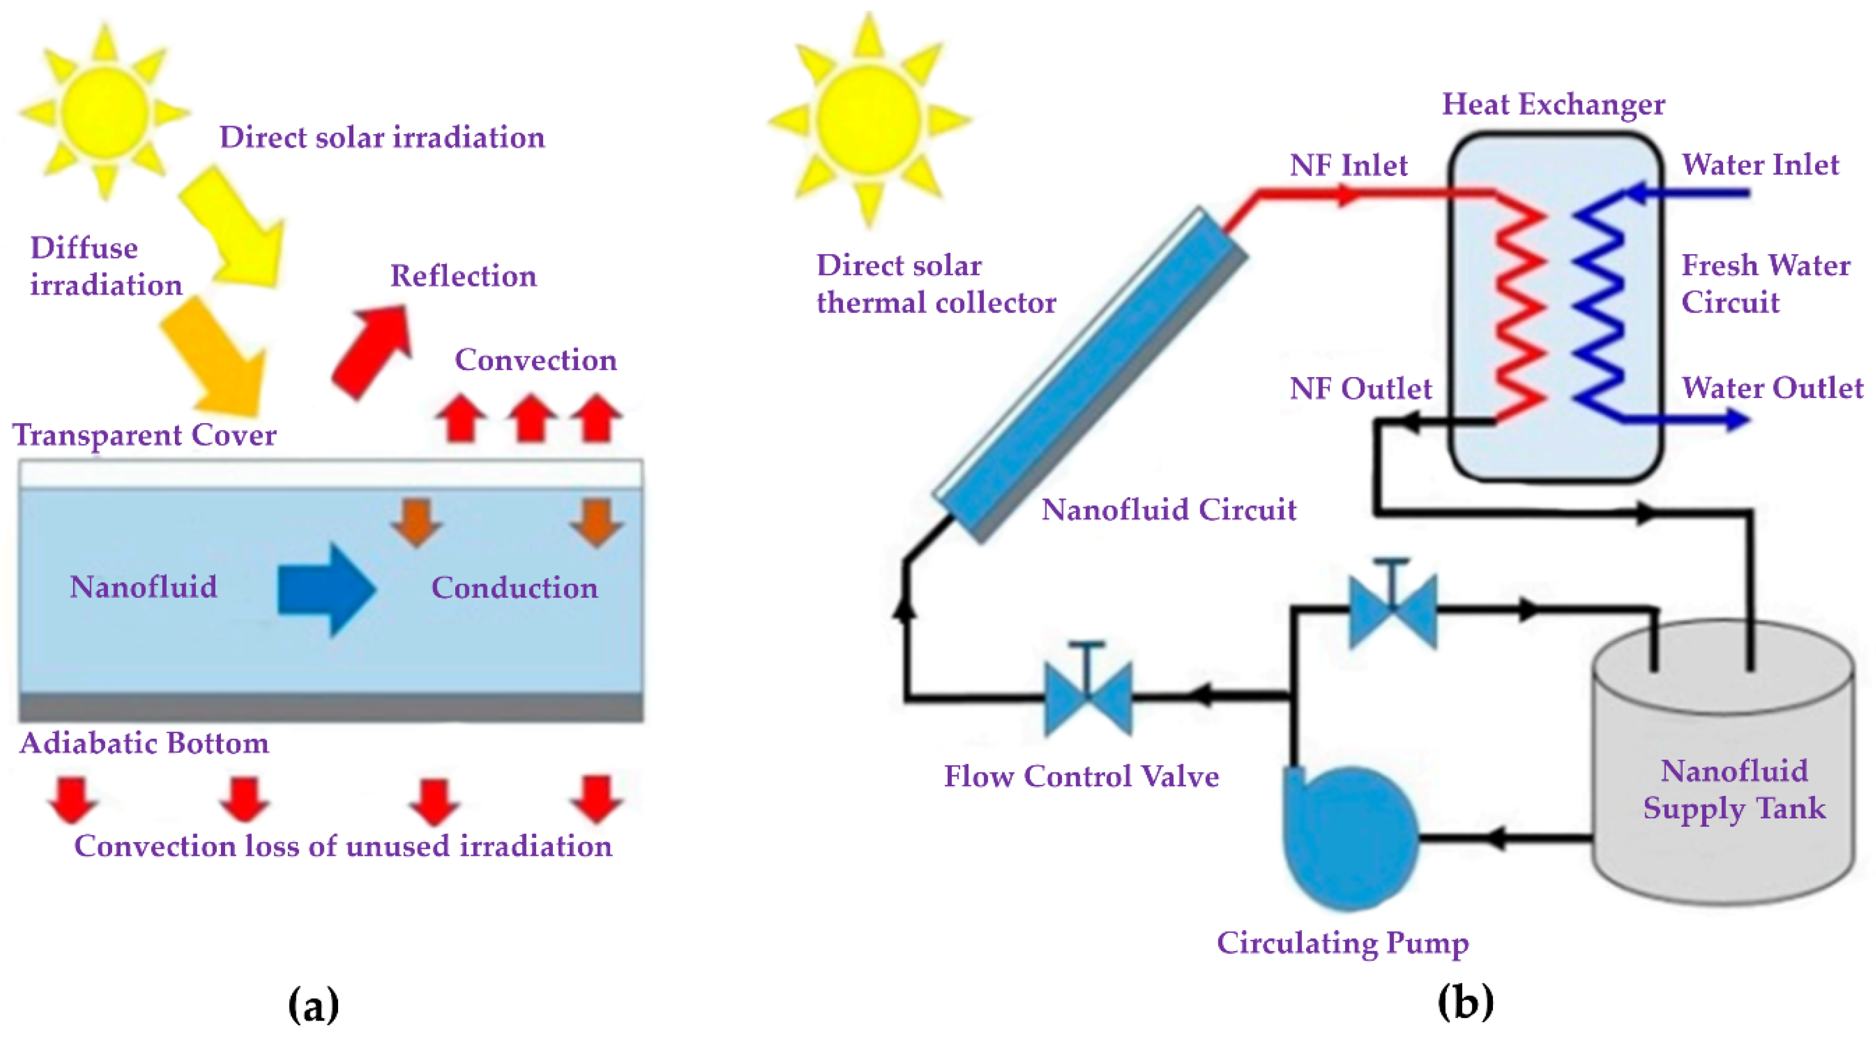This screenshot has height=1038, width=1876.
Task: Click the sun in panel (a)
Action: [104, 112]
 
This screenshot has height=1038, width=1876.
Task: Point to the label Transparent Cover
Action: [144, 435]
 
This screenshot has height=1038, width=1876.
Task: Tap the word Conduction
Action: [514, 588]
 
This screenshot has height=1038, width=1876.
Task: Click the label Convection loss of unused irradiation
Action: [343, 846]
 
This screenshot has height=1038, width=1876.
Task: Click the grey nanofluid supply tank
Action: [1723, 772]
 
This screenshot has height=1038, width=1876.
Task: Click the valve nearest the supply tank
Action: [1393, 610]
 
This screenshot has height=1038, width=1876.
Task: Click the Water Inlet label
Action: [1760, 165]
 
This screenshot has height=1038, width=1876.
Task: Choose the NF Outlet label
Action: [1359, 388]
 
